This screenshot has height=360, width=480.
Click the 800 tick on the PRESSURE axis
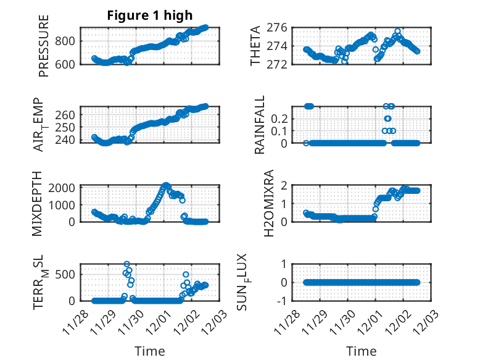67,41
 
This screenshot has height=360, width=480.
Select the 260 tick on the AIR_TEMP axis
67,115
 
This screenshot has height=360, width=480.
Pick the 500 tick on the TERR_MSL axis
67,274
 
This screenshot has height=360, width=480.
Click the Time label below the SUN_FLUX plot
362,351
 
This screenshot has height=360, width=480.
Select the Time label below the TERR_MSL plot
150,351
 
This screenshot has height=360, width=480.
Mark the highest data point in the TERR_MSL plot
127,264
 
